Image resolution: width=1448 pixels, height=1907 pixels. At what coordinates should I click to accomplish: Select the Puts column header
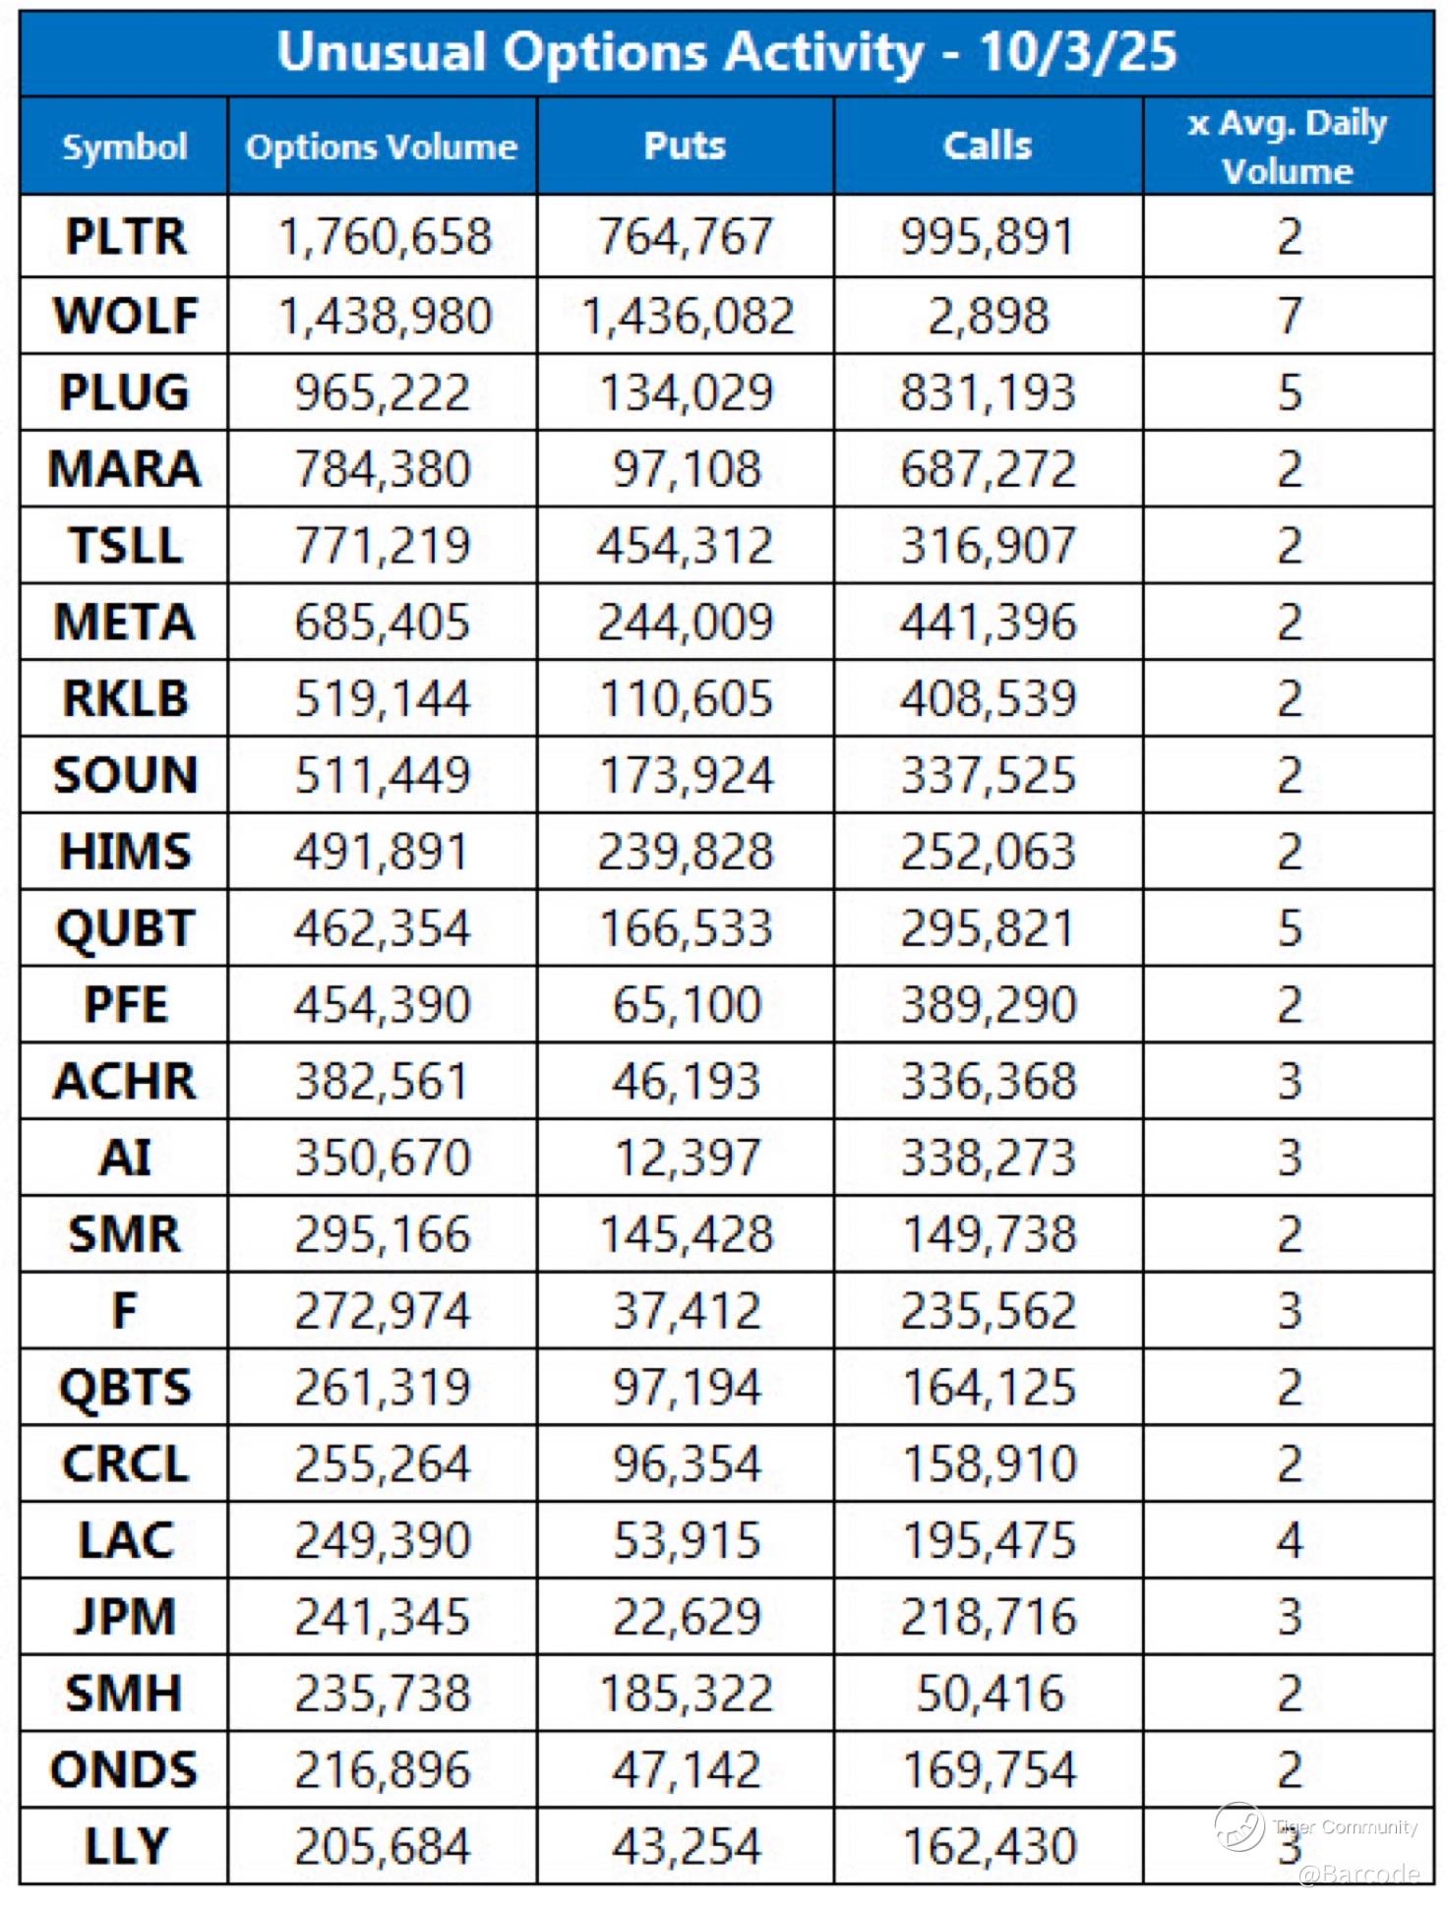pos(685,146)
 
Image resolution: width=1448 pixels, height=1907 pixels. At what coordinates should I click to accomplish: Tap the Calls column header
pos(988,146)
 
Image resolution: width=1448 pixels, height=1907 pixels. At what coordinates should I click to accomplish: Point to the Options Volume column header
pos(382,147)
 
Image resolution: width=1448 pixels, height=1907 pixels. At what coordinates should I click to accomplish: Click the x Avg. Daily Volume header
pos(1288,147)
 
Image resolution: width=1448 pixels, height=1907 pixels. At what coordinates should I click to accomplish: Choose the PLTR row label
pos(125,237)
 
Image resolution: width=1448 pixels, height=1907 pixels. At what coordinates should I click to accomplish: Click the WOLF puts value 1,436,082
pos(687,317)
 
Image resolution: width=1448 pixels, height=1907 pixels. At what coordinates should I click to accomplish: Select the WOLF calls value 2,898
pos(988,317)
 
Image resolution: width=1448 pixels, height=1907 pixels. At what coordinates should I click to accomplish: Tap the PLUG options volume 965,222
pos(383,392)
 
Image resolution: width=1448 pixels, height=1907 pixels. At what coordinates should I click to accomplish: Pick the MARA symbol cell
pos(125,469)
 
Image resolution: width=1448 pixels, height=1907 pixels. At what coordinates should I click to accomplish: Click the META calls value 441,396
pos(988,623)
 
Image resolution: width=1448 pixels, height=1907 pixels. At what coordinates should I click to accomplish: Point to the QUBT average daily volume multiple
pos(1290,928)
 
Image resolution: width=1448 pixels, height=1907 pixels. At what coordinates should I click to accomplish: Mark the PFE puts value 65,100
pos(687,1005)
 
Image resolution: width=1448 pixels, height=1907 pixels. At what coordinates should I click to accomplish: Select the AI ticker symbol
pos(125,1158)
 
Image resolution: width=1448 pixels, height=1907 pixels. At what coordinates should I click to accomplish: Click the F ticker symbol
pos(125,1311)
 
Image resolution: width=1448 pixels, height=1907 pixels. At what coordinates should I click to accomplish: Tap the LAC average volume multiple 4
pos(1290,1540)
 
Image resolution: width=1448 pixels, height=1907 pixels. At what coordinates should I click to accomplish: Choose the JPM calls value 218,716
pos(988,1617)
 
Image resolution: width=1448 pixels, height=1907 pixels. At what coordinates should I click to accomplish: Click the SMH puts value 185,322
pos(687,1694)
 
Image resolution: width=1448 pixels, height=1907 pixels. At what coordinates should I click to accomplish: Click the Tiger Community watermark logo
pos(1239,1826)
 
